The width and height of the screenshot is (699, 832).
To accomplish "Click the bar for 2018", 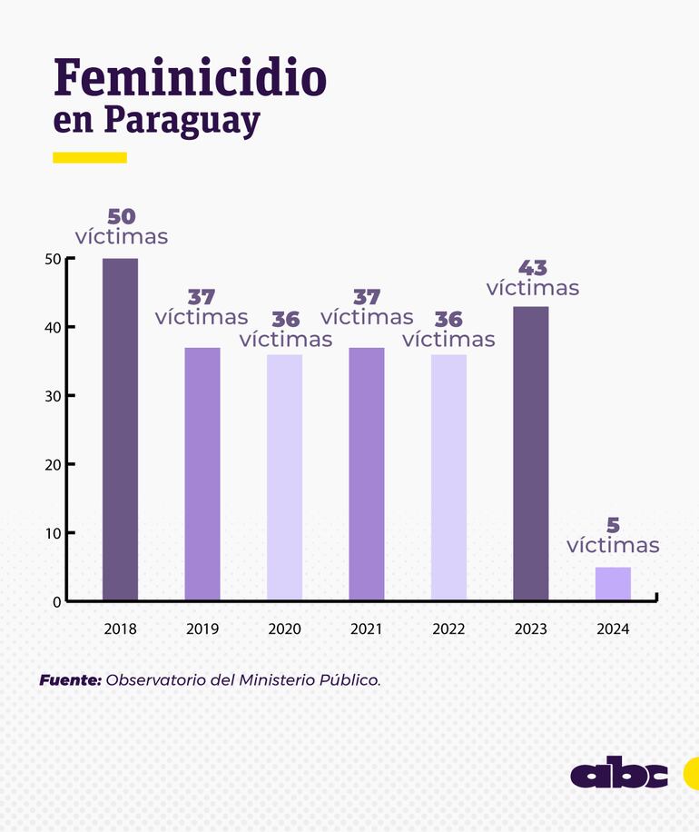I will tap(120, 429).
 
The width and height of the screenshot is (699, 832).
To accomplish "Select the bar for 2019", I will tap(202, 473).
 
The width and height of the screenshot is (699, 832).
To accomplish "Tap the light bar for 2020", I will tap(284, 477).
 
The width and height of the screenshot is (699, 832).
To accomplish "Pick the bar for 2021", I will tap(367, 473).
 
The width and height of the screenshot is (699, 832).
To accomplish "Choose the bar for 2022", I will tap(448, 477).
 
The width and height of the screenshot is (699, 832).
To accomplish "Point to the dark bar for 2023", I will tap(531, 453).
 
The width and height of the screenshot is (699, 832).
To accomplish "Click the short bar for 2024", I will tap(613, 583).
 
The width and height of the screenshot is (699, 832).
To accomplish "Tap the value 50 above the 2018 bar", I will tap(121, 217).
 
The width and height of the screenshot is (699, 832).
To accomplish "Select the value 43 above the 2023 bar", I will tap(532, 268).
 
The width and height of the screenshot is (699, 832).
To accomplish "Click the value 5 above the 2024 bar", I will tap(613, 526).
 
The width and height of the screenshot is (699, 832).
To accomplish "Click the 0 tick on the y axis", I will tap(56, 601).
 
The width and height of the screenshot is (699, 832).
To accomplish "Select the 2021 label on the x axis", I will tap(367, 629).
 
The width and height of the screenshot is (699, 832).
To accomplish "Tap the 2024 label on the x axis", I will tap(613, 629).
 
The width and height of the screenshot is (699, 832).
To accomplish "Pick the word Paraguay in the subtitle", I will tap(182, 120).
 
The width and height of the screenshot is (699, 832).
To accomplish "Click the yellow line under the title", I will tap(90, 158).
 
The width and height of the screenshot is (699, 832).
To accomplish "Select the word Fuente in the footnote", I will tap(70, 680).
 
